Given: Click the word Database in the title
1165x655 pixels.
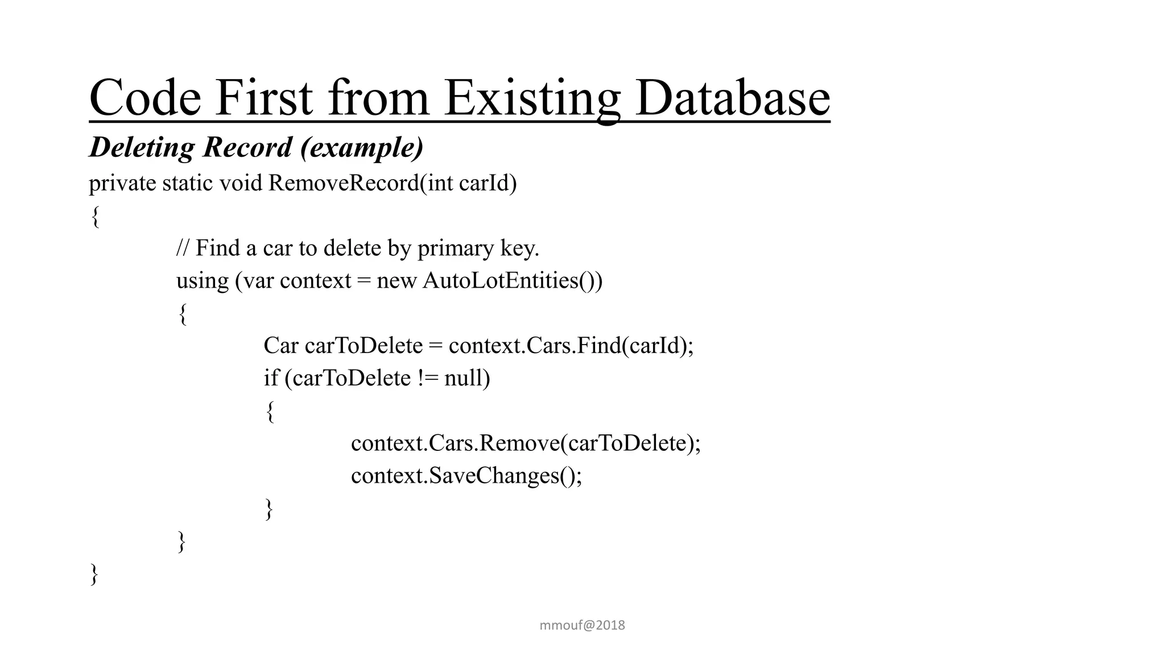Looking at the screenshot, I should [732, 98].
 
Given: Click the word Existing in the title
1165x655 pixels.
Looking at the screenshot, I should [531, 98].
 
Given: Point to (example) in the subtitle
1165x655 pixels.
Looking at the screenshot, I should [362, 147].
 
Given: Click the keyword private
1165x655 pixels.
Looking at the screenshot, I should [122, 184].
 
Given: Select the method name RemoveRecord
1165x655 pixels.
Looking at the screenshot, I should [344, 184].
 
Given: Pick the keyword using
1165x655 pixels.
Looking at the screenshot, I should [202, 281].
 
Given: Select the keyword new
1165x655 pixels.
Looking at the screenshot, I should [396, 281].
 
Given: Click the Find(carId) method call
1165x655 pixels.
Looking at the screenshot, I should [635, 346].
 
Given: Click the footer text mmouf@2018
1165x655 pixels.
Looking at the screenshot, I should [582, 625].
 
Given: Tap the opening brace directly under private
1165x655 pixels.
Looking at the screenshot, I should [96, 217].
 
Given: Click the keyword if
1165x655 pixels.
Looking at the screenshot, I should [271, 378].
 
